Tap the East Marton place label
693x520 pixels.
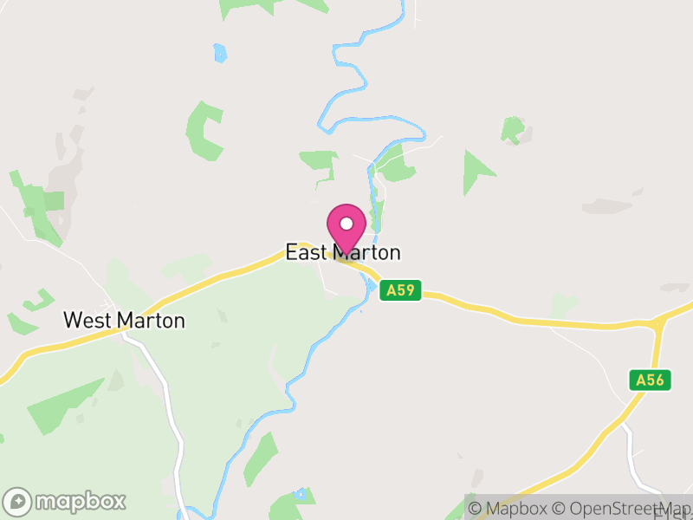coord(343,253)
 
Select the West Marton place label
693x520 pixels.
coord(124,321)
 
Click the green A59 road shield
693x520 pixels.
coord(400,290)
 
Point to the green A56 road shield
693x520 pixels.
coord(649,380)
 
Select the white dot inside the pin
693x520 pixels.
coord(346,224)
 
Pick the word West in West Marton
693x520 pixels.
coord(87,321)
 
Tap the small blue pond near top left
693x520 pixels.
coord(220,53)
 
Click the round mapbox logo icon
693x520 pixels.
coord(17,501)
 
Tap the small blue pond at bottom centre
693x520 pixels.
coord(301,495)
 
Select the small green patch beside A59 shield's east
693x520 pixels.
coord(563,304)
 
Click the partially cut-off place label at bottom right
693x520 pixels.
coord(671,514)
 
